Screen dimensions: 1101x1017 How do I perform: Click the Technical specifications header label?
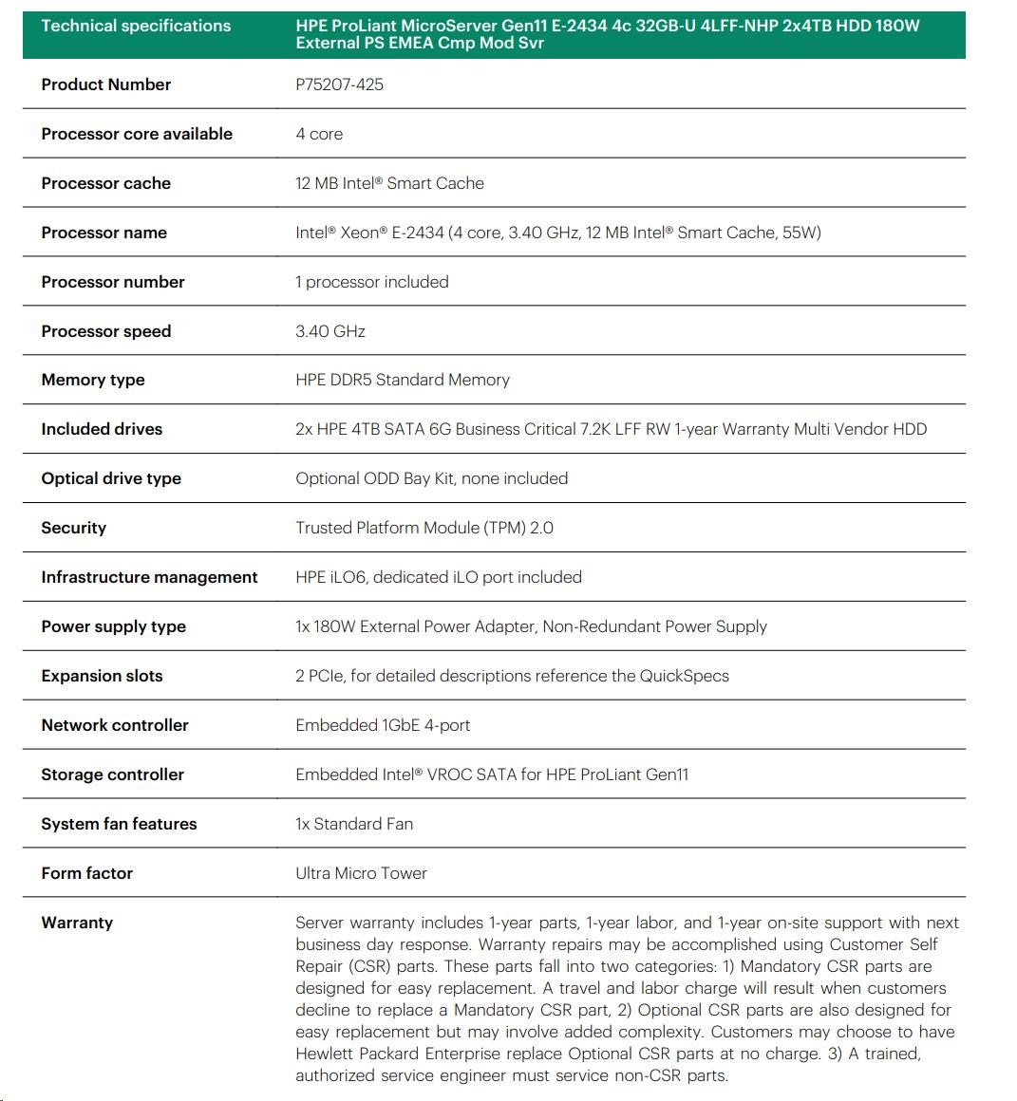coord(136,26)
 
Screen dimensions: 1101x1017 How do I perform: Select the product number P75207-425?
coord(339,84)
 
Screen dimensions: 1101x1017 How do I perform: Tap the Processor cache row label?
coord(105,183)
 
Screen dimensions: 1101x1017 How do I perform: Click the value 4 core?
coord(319,134)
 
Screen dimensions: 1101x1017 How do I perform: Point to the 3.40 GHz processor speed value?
coord(330,331)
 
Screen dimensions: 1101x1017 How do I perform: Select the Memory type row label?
coord(93,380)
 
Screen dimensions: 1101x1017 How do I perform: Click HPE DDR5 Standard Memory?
coord(402,380)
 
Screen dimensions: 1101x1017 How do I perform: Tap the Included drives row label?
coord(102,429)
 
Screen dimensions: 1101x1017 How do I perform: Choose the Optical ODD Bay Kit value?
coord(431,478)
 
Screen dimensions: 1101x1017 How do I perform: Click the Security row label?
coord(73,528)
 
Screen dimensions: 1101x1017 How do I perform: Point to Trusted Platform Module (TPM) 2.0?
coord(424,528)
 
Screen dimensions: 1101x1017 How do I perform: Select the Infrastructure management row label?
coord(149,577)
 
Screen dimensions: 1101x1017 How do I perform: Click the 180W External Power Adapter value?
coord(531,626)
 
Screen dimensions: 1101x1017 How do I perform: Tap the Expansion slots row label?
coord(102,676)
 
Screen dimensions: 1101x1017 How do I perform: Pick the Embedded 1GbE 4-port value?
coord(383,725)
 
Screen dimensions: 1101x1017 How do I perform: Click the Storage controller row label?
coord(112,774)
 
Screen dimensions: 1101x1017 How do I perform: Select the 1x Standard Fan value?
coord(354,824)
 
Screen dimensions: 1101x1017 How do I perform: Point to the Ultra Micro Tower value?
coord(361,873)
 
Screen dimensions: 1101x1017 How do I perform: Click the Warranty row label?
coord(77,923)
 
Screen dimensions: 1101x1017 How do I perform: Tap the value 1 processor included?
coord(371,282)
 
